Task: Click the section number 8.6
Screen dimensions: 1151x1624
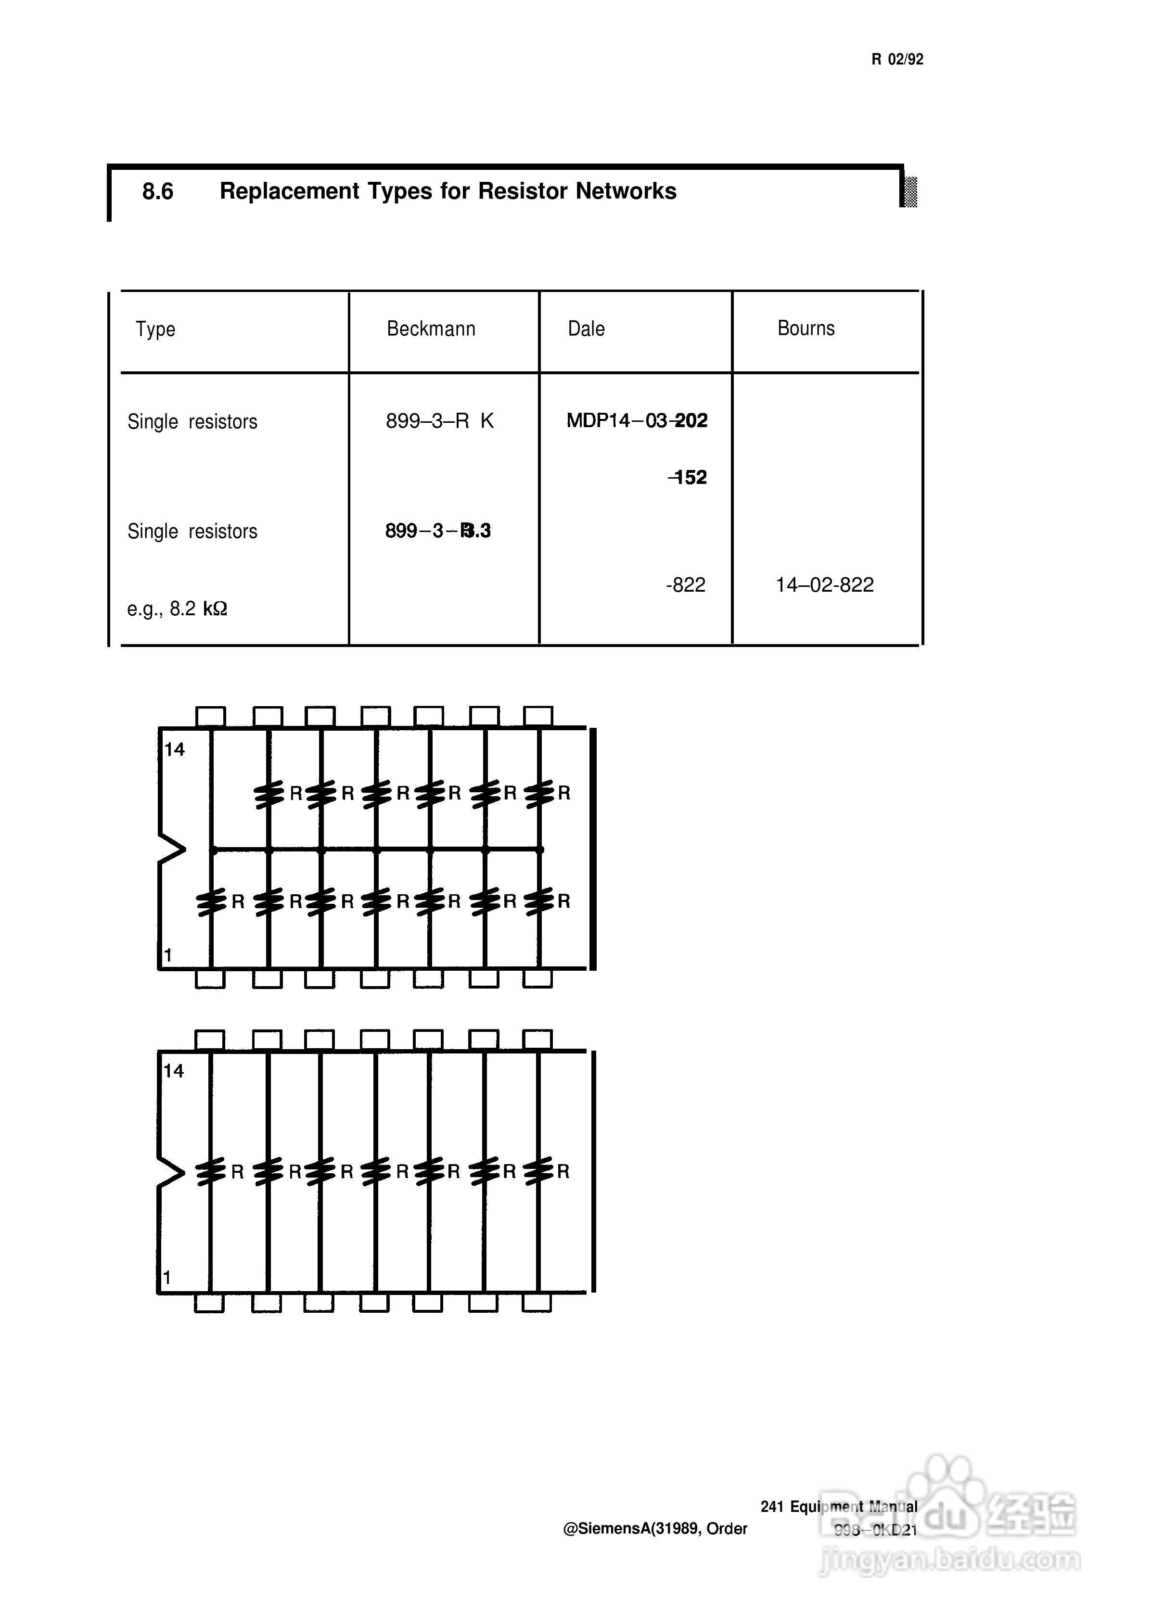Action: pyautogui.click(x=157, y=191)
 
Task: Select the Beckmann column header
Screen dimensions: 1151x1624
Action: pyautogui.click(x=431, y=329)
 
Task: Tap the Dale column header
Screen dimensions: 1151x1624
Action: pyautogui.click(x=586, y=329)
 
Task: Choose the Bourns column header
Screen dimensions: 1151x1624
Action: pyautogui.click(x=806, y=328)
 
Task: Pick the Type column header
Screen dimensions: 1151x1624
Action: pyautogui.click(x=155, y=330)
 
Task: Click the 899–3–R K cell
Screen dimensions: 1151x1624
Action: pyautogui.click(x=439, y=421)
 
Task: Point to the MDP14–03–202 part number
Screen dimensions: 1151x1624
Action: pyautogui.click(x=637, y=421)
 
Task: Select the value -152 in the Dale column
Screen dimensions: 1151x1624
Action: pyautogui.click(x=688, y=478)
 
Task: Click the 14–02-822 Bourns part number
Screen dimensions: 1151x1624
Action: pyautogui.click(x=824, y=585)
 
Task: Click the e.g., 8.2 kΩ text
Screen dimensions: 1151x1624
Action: pyautogui.click(x=177, y=609)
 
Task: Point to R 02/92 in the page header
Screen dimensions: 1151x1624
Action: pyautogui.click(x=897, y=60)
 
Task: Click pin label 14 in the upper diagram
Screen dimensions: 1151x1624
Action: pyautogui.click(x=174, y=749)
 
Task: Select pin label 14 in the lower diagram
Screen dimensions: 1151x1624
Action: pyautogui.click(x=174, y=1071)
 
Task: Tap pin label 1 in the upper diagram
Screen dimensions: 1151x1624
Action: pyautogui.click(x=168, y=955)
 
